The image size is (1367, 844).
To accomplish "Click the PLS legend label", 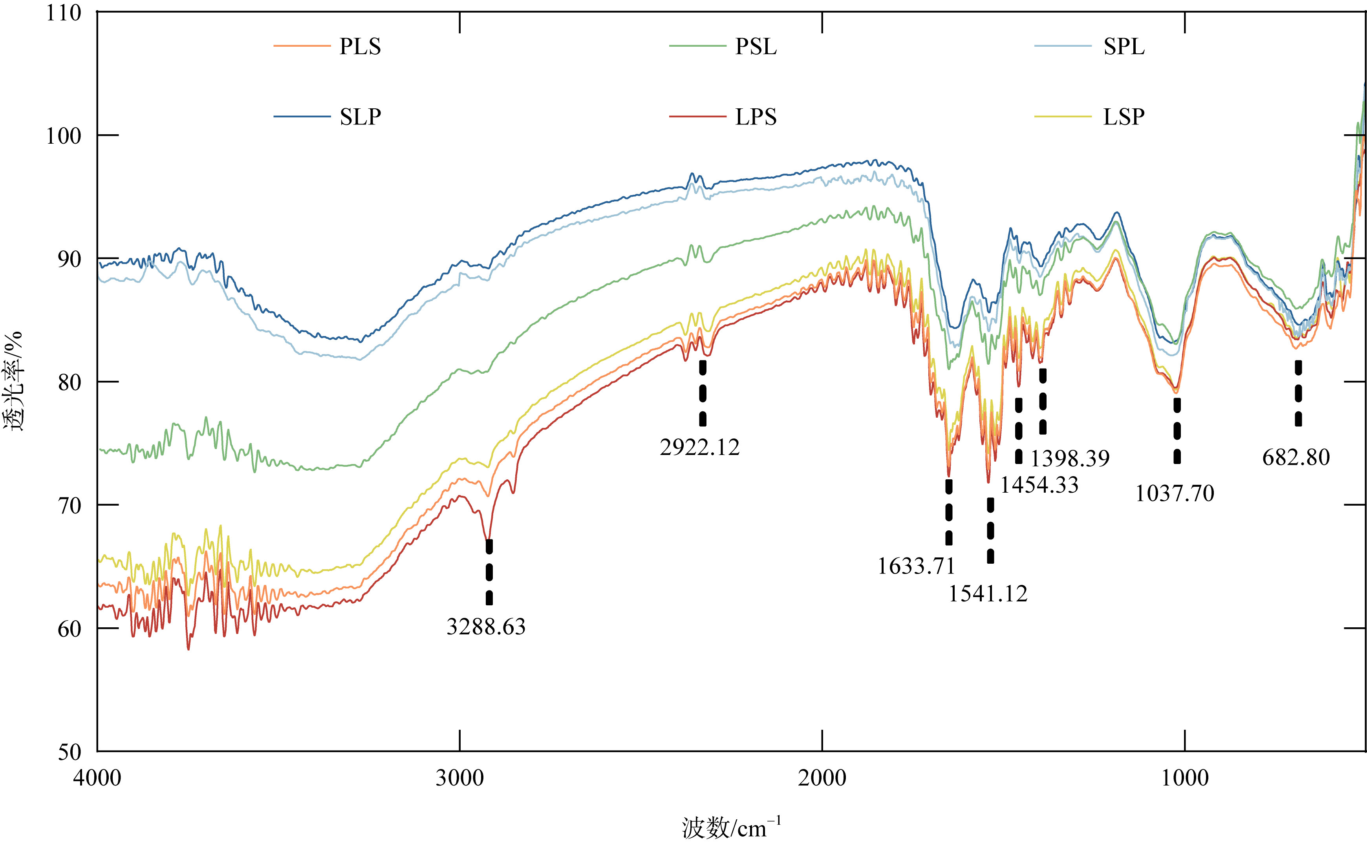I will [x=360, y=46].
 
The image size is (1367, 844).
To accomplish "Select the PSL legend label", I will [x=756, y=46].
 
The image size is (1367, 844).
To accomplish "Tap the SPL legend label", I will [x=1124, y=46].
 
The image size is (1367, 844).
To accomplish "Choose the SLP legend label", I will [x=360, y=117].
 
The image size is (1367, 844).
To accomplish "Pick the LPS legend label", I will [x=756, y=117].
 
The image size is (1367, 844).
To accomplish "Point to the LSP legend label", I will [x=1124, y=117].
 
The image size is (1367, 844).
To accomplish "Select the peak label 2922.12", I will [x=699, y=447].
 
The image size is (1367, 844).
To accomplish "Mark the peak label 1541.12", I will [x=988, y=594].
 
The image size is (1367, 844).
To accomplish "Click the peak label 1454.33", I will [x=1039, y=484].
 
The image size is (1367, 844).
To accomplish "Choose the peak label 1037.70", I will [x=1174, y=493].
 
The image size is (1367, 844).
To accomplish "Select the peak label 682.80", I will [x=1296, y=457].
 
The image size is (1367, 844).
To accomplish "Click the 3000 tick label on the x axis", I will [x=459, y=778].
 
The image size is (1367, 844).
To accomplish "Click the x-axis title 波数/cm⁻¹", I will [x=731, y=827].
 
